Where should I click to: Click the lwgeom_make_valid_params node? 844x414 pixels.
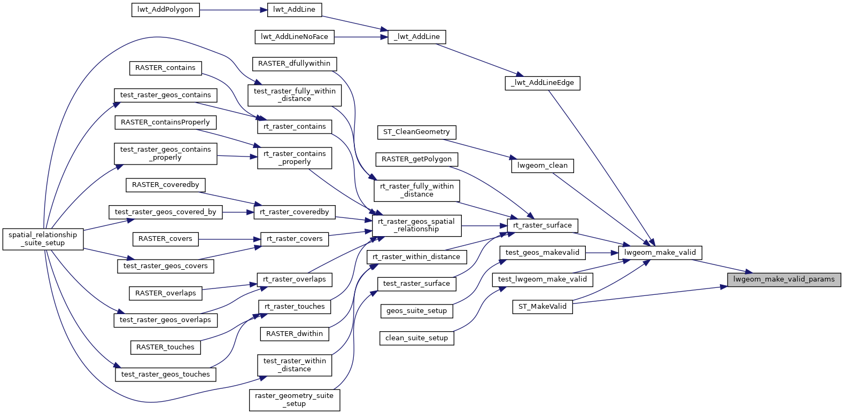click(784, 279)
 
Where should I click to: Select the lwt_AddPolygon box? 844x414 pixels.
click(165, 10)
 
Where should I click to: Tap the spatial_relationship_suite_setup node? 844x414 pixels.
click(43, 239)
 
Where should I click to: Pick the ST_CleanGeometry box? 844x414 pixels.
click(416, 132)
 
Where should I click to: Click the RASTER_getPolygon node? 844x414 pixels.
click(416, 159)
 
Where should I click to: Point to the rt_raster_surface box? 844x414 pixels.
click(542, 225)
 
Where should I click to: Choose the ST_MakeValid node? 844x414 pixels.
click(542, 307)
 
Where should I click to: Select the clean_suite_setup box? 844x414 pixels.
click(416, 338)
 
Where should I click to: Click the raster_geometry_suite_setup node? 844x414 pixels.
click(294, 400)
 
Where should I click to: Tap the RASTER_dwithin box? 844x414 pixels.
click(295, 334)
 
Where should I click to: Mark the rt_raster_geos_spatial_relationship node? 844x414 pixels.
click(416, 225)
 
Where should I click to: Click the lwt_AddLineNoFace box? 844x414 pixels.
click(295, 37)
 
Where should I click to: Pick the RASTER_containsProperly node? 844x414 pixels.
click(165, 122)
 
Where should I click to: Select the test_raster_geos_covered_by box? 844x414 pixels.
click(165, 212)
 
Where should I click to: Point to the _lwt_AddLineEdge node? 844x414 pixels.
click(542, 83)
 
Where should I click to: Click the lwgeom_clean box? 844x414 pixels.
click(542, 166)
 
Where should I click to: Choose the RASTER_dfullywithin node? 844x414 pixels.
click(294, 64)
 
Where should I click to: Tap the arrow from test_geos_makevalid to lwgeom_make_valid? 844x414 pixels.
click(602, 253)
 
